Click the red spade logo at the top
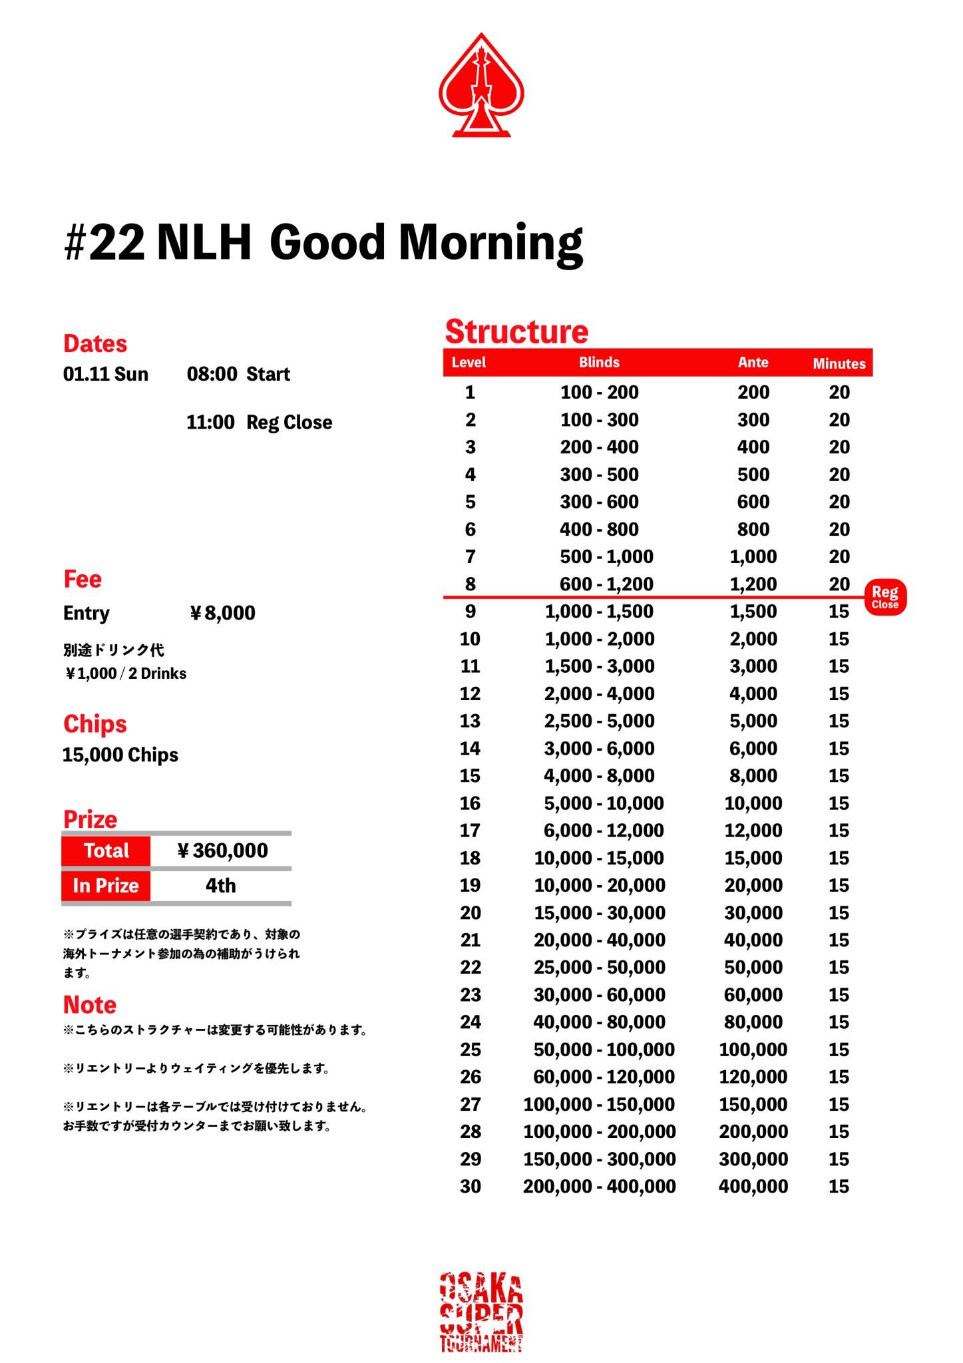481,85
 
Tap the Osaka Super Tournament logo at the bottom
481,1312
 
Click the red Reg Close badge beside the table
885,597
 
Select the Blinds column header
599,363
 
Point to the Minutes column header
839,363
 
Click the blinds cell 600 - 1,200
606,584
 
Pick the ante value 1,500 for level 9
753,612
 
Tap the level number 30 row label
470,1186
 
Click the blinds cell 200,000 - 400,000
599,1186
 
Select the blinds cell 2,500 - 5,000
599,721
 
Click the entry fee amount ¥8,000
223,613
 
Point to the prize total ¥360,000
223,851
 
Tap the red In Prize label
106,886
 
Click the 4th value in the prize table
220,886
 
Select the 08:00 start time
212,374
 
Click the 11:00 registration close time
210,423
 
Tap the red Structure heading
516,331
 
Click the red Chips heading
95,723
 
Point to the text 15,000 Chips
120,755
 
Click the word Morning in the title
490,242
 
